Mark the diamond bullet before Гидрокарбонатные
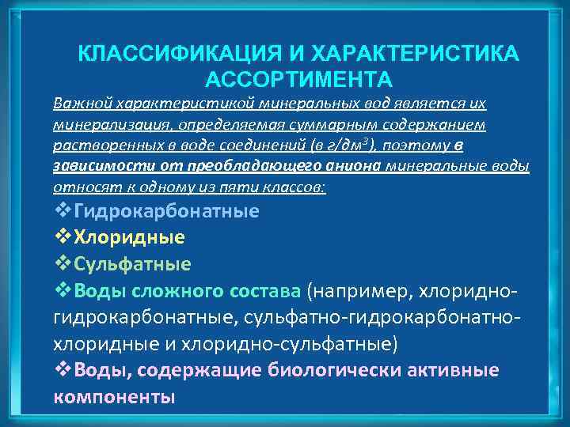(62, 212)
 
